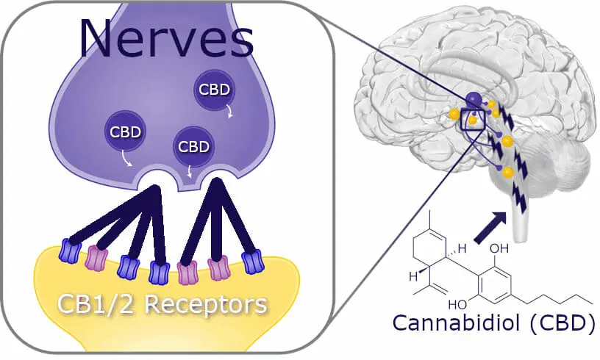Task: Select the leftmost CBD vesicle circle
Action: (124, 132)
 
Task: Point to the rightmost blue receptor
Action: (252, 262)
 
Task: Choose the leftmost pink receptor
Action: (97, 259)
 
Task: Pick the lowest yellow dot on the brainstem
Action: (507, 172)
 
